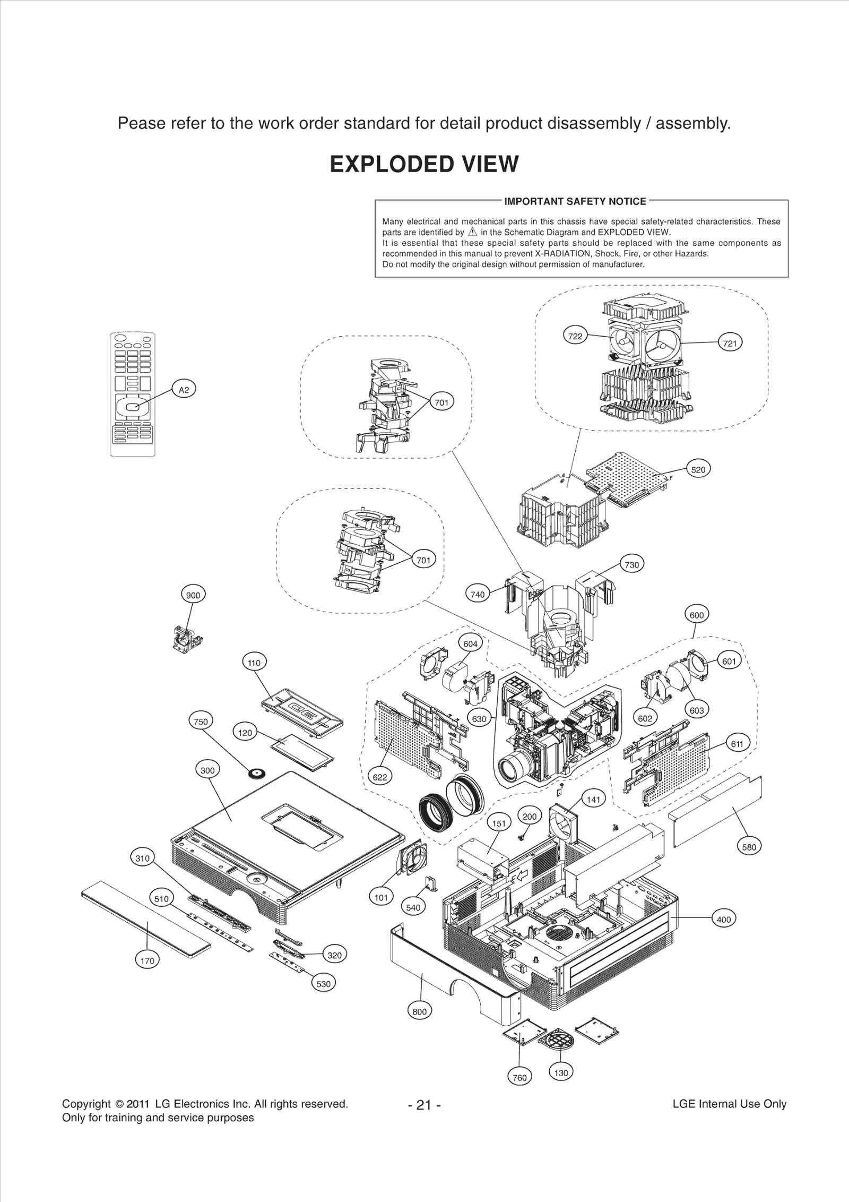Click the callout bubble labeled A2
184,390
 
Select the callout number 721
730,344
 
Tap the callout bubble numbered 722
575,336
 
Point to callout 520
698,469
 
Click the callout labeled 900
193,595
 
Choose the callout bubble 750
201,722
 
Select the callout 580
749,847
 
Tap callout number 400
724,920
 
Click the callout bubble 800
419,1011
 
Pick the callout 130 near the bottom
561,1072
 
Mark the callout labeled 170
147,960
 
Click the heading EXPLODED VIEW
424,164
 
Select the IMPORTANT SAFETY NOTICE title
575,201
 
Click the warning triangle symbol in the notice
473,233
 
